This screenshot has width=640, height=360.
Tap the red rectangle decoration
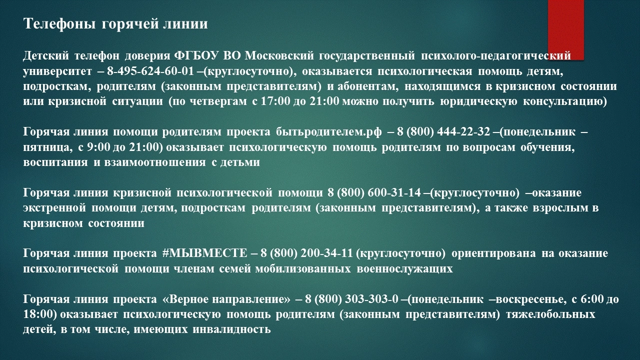[x=565, y=29]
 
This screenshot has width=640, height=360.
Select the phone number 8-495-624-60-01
[x=150, y=71]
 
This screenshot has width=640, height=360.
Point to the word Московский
[x=279, y=55]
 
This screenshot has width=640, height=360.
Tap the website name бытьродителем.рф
[x=328, y=132]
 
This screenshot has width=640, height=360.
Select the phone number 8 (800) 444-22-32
[x=443, y=131]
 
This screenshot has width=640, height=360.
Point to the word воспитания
[x=55, y=162]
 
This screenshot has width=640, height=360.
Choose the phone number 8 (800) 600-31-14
[x=374, y=193]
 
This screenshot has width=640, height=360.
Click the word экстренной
[x=54, y=208]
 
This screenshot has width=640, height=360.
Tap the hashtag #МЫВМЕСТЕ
[x=204, y=253]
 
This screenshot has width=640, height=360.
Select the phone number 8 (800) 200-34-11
[x=306, y=253]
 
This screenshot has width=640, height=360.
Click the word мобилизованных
[x=303, y=269]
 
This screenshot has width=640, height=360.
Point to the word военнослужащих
[x=404, y=269]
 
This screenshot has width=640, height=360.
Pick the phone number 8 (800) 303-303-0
[x=351, y=299]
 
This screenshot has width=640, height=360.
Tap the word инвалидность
[x=231, y=329]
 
